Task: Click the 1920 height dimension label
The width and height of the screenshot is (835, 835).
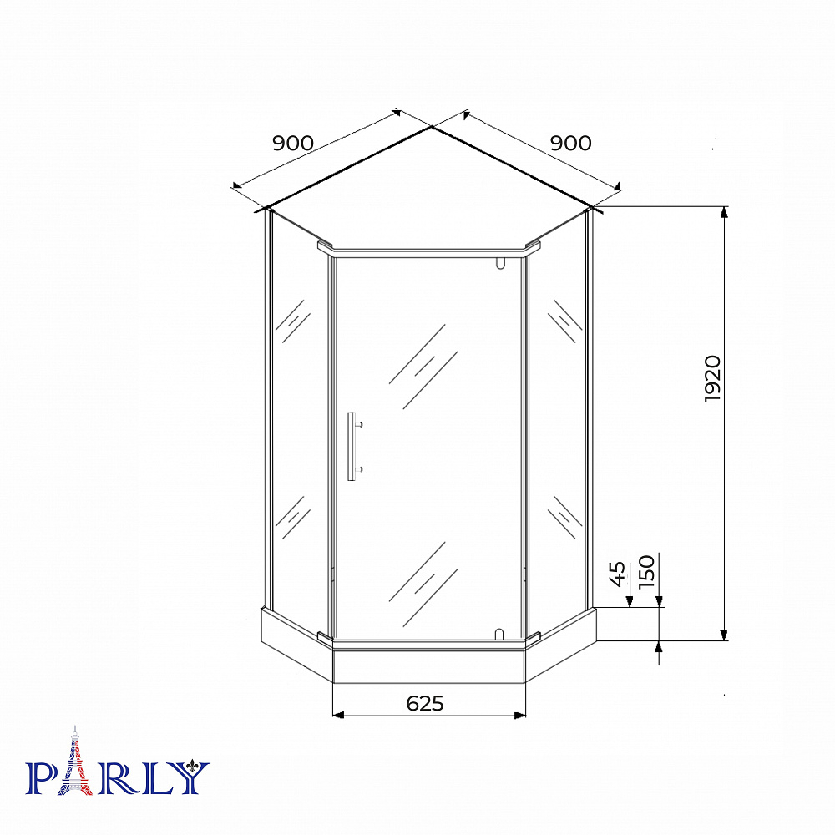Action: coord(712,378)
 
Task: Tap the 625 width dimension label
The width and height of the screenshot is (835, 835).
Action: coord(425,703)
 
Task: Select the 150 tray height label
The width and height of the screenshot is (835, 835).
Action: coord(646,571)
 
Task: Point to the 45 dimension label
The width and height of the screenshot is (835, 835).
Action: coord(617,574)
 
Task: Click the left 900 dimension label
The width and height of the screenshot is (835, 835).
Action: coord(293,143)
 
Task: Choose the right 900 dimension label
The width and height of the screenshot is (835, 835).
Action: coord(571,143)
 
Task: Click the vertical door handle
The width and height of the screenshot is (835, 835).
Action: coord(352,446)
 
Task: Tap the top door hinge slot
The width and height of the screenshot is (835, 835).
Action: coord(499,262)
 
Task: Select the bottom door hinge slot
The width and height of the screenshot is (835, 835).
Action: coord(499,635)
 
